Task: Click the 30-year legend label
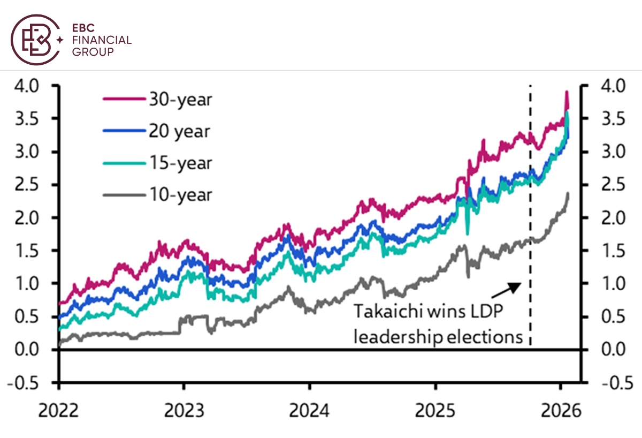[x=180, y=100]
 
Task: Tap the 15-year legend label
[x=180, y=163]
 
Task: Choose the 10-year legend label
[x=180, y=194]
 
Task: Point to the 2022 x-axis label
[x=59, y=411]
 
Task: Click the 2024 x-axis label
[x=309, y=411]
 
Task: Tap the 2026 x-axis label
[x=560, y=411]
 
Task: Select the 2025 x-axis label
[x=435, y=411]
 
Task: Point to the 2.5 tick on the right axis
[x=613, y=185]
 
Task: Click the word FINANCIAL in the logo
[x=102, y=40]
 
